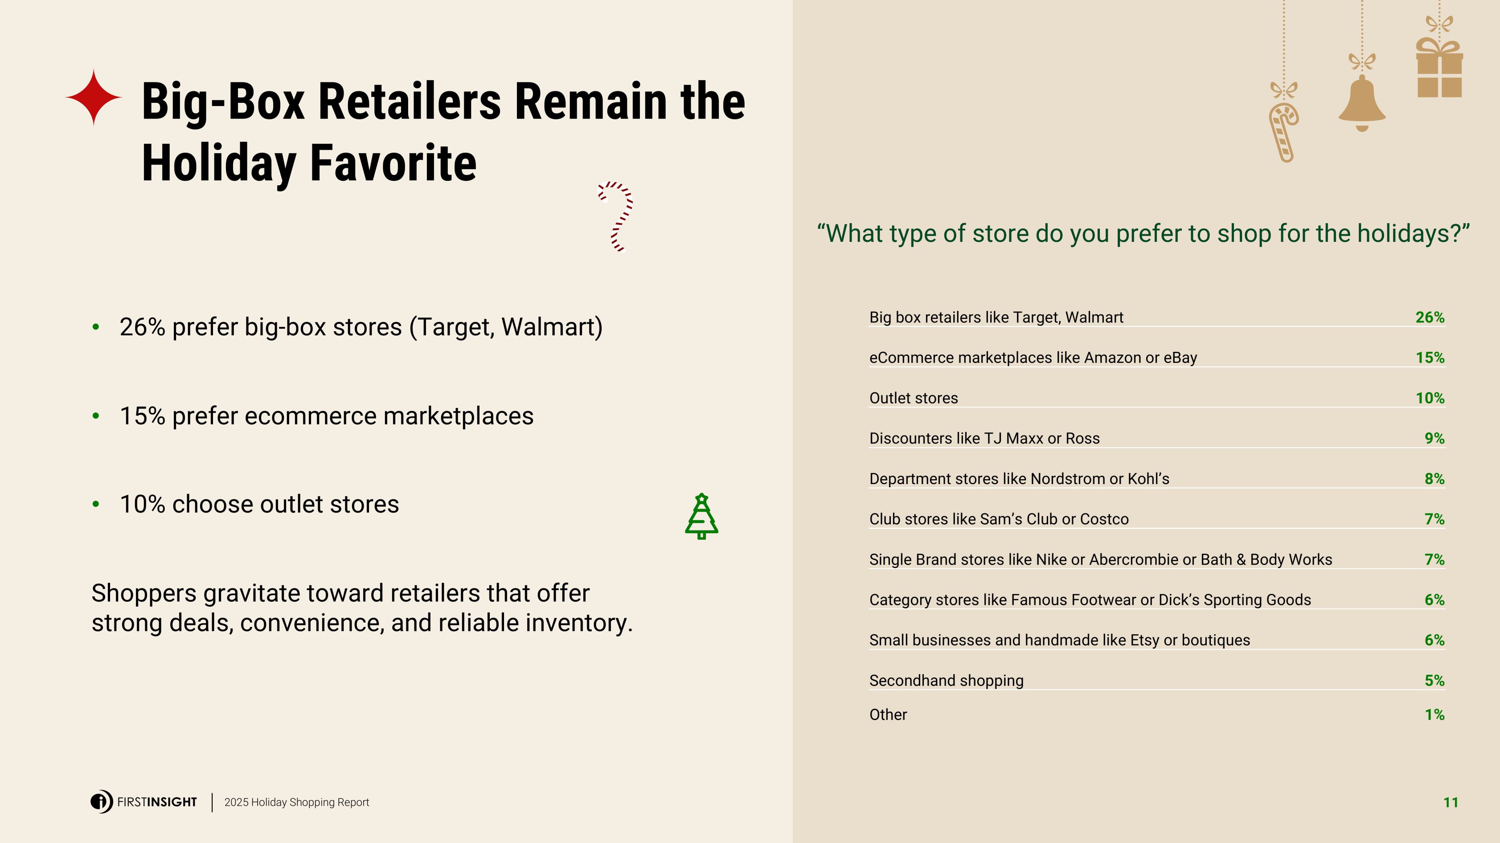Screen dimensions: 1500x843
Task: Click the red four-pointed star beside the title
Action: click(93, 98)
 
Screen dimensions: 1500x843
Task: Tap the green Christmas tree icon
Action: click(702, 517)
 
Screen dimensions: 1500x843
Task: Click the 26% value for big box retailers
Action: click(1430, 317)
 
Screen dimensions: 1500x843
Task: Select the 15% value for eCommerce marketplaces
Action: click(1430, 358)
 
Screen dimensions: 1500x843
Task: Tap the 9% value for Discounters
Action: click(1435, 438)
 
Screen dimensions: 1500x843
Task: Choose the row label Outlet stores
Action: click(914, 398)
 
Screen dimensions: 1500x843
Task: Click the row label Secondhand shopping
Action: click(946, 681)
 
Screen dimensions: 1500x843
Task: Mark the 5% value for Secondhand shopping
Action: click(1435, 681)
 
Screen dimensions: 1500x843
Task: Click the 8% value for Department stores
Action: click(1435, 479)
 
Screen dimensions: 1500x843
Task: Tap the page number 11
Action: click(1451, 803)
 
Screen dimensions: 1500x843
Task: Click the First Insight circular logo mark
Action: click(101, 802)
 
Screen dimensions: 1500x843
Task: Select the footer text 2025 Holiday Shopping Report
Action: click(297, 802)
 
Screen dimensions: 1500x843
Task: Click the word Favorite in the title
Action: click(393, 163)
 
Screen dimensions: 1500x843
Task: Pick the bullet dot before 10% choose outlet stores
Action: click(95, 505)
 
